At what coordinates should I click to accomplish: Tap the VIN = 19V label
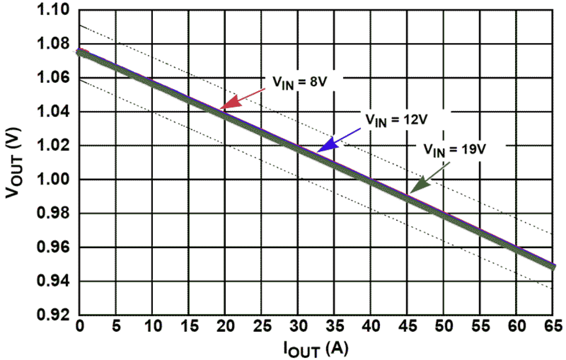tap(454, 150)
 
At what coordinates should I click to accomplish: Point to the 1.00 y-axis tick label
tap(53, 180)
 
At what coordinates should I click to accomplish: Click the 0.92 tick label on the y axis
tap(53, 315)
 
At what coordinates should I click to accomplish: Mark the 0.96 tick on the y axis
tap(53, 247)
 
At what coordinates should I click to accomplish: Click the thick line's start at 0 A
tap(81, 52)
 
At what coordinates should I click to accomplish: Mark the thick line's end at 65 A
tap(551, 266)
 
